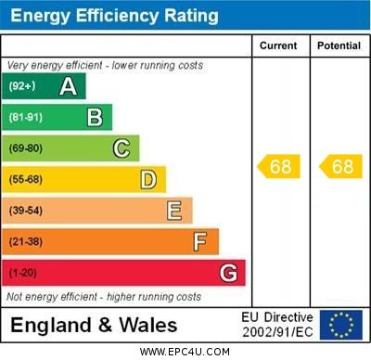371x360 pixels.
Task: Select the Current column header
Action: [278, 45]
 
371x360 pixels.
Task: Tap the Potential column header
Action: [339, 45]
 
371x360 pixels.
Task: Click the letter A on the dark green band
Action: [68, 87]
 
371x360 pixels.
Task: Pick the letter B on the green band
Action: [95, 118]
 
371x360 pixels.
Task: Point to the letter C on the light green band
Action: [122, 148]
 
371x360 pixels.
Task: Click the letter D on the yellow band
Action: [148, 180]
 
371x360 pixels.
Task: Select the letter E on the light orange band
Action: [174, 212]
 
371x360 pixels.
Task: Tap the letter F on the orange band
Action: [200, 242]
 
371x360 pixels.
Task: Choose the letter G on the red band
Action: [228, 274]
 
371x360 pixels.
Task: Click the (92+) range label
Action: [22, 87]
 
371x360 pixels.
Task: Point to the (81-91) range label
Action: [26, 118]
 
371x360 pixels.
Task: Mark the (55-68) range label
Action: [26, 180]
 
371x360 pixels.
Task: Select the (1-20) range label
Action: [23, 274]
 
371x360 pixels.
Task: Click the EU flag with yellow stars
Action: [341, 325]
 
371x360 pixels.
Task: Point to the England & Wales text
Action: [94, 326]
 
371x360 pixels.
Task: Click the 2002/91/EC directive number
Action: [277, 332]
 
